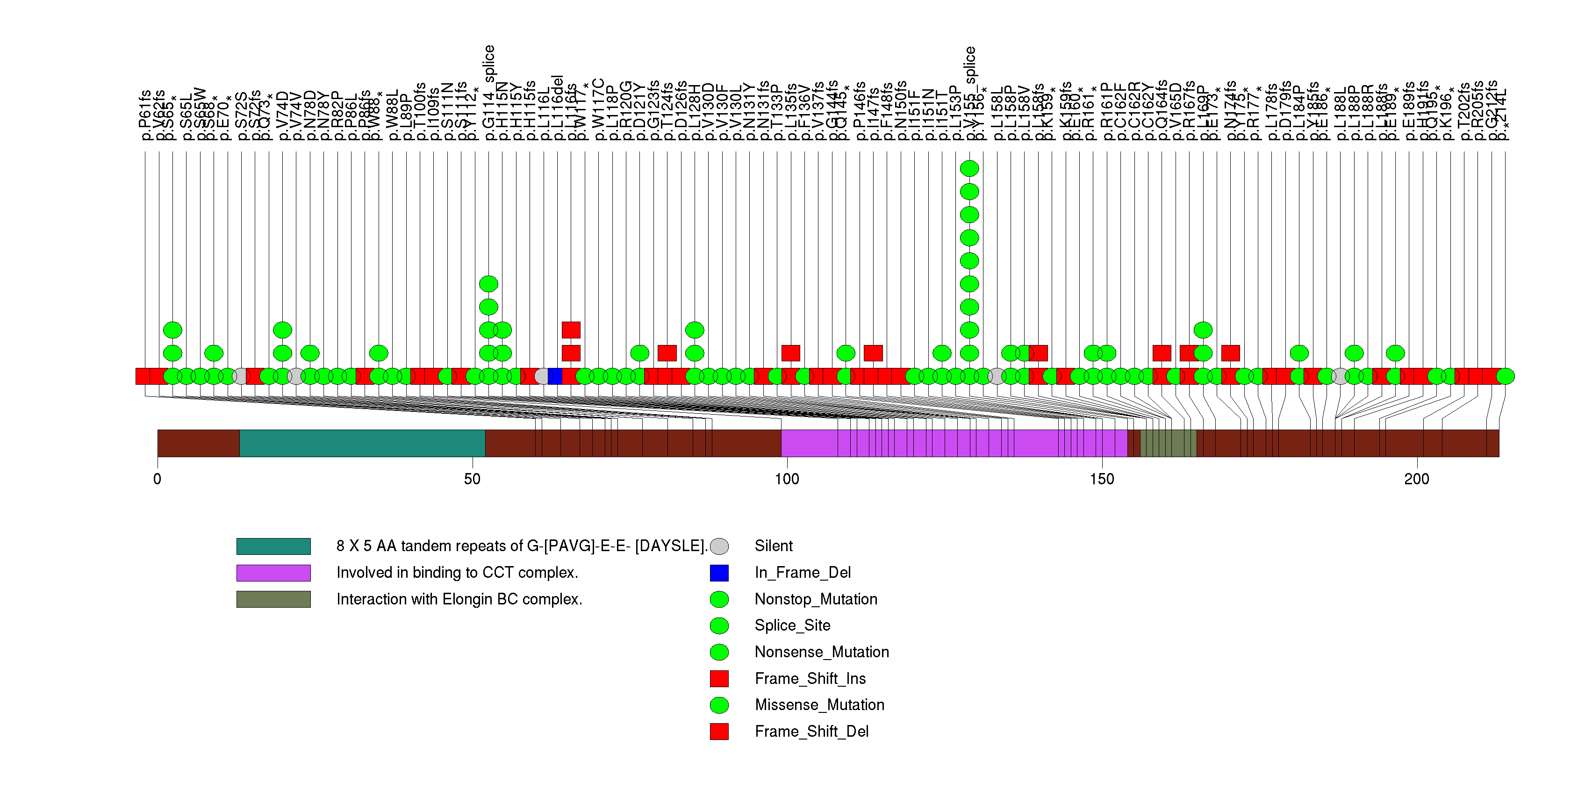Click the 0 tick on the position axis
coord(158,478)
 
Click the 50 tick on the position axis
coord(472,478)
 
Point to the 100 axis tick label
coord(787,478)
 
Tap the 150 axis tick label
coord(1102,478)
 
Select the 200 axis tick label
coord(1417,478)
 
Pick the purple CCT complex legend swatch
coord(273,573)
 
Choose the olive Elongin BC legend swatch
coord(273,599)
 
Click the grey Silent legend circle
coord(719,546)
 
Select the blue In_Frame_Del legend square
coord(719,573)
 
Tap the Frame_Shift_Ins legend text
coord(810,679)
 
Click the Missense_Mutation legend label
coord(819,705)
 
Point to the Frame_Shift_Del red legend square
coord(719,731)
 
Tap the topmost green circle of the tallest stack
coord(969,168)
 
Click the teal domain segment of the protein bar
coord(362,443)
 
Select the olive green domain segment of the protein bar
coord(1168,443)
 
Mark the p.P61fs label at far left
coord(145,115)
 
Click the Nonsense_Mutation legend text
coord(821,652)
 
